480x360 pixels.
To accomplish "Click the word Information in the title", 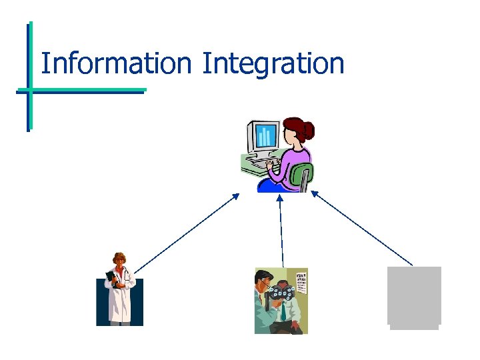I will (x=115, y=64).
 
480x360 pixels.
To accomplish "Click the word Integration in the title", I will (x=273, y=65).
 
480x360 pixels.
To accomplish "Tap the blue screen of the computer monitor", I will (x=267, y=137).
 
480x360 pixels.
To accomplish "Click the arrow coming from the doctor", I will (x=187, y=233).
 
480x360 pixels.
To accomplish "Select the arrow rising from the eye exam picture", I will (x=281, y=230).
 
